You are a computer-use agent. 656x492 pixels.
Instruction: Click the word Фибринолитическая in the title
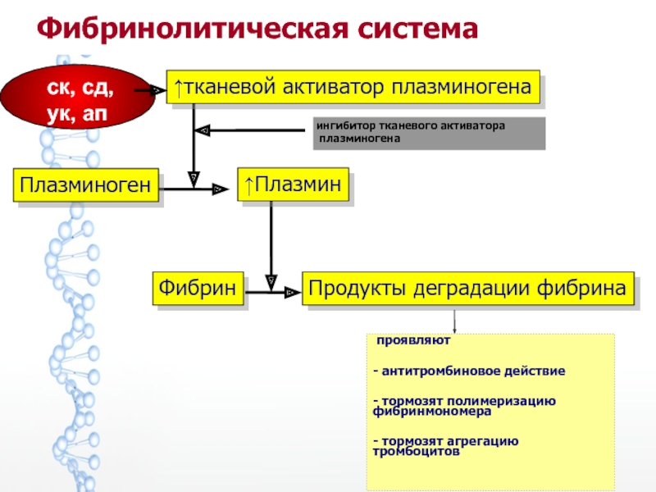point(193,29)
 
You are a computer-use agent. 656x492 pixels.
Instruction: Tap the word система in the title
point(418,30)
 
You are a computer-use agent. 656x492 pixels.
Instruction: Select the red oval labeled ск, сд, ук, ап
point(77,97)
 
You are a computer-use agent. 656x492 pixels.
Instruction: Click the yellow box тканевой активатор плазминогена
point(353,87)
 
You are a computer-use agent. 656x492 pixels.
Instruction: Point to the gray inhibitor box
point(429,133)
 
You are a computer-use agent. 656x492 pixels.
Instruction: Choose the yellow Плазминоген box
point(86,185)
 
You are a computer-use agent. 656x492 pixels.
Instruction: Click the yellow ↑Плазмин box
point(293,184)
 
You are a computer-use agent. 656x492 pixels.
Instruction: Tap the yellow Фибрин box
point(198,288)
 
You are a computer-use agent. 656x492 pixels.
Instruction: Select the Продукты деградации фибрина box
point(468,289)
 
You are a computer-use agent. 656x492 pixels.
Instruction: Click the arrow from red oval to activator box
point(150,90)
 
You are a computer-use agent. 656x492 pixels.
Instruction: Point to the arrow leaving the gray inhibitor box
point(250,130)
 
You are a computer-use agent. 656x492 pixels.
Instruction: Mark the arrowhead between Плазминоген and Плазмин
point(220,189)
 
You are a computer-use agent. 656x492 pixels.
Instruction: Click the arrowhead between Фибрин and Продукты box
point(293,293)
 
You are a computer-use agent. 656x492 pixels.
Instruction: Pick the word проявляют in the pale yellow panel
point(413,340)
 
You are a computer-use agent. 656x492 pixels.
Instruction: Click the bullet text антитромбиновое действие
point(469,371)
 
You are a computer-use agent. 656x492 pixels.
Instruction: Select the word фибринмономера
point(432,412)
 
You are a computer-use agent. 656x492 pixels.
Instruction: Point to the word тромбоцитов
point(416,452)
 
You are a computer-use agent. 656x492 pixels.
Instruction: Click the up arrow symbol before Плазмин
point(249,185)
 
